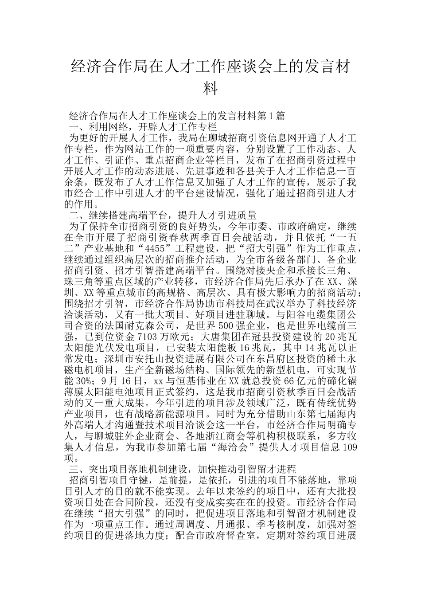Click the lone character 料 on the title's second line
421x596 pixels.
(x=210, y=88)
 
